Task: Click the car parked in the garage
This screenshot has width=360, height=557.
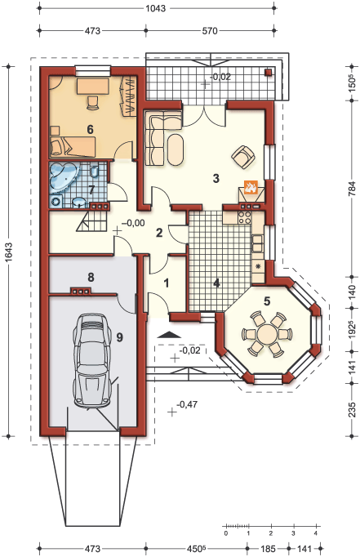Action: [91, 360]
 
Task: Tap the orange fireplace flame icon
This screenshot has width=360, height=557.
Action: [251, 186]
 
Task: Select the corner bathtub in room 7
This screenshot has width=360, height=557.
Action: [63, 176]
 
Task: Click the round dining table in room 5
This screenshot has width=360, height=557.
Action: [267, 334]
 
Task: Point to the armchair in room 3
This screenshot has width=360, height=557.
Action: [243, 157]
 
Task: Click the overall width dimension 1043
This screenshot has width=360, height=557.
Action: [155, 8]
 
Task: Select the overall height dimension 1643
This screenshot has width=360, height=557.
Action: [8, 252]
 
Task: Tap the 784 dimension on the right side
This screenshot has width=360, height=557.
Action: [352, 189]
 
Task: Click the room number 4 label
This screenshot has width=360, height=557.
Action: [216, 283]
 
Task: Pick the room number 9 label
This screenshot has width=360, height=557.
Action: [119, 336]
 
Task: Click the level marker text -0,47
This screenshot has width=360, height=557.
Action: [187, 404]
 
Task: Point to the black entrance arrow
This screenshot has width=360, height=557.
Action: [169, 334]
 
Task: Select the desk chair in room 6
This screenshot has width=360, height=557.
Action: [92, 102]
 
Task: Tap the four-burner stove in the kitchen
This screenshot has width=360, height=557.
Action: [245, 217]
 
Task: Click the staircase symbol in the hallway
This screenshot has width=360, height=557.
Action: [92, 221]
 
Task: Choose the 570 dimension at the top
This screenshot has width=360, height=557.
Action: [210, 31]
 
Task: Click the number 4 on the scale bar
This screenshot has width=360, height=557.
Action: [316, 533]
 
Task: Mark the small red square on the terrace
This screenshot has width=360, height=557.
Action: [268, 73]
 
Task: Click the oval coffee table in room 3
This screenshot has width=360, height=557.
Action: [176, 149]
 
